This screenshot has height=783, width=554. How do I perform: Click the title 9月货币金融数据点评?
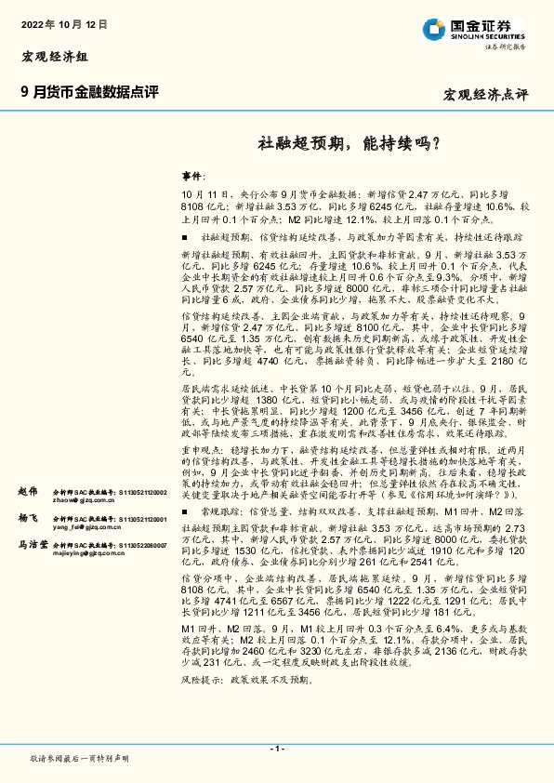89,92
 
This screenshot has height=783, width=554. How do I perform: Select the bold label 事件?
191,175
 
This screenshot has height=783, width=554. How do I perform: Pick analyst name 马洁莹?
32,544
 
